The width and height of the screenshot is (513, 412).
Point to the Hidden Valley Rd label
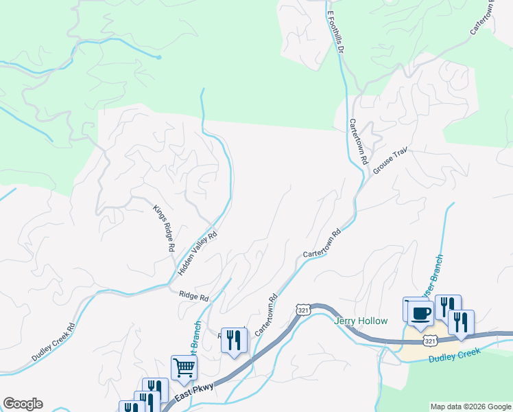pyautogui.click(x=198, y=253)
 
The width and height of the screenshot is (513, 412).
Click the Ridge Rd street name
pyautogui.click(x=193, y=296)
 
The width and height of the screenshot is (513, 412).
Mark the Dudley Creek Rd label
pyautogui.click(x=53, y=343)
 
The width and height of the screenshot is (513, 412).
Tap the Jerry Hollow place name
pyautogui.click(x=361, y=321)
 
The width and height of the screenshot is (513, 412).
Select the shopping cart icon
pyautogui.click(x=184, y=367)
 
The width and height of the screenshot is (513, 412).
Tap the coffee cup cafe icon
pyautogui.click(x=420, y=312)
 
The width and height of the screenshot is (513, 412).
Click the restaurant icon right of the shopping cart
pyautogui.click(x=234, y=339)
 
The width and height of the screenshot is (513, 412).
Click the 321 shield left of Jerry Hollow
pyautogui.click(x=302, y=310)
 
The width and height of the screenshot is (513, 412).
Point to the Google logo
pyautogui.click(x=22, y=404)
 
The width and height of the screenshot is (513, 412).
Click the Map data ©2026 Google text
pyautogui.click(x=470, y=407)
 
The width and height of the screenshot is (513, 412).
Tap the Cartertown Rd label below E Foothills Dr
pyautogui.click(x=359, y=141)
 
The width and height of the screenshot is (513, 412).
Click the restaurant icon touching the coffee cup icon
pyautogui.click(x=448, y=306)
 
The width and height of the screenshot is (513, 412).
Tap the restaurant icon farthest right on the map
pyautogui.click(x=461, y=321)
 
